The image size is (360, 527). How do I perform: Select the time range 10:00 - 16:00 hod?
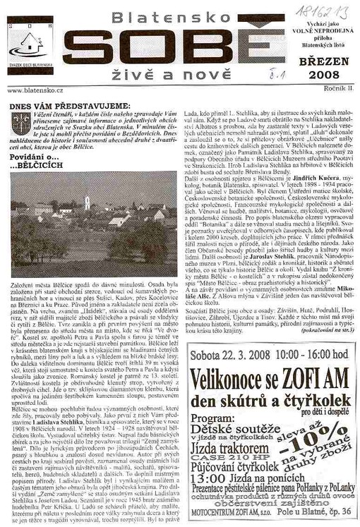click(x=310, y=349)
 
